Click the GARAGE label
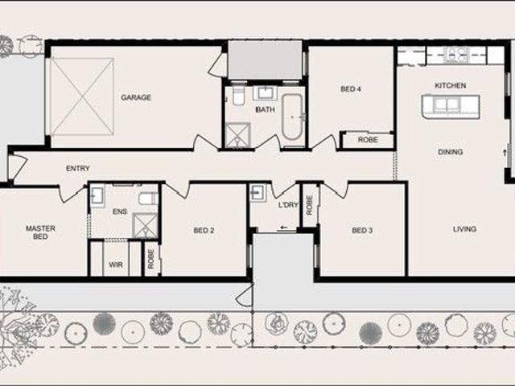(136, 98)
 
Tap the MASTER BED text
(40, 232)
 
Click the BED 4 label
(350, 89)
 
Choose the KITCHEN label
(450, 85)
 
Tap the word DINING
(451, 152)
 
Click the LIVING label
(464, 229)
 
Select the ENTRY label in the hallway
(78, 169)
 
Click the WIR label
(116, 263)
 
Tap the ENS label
(120, 211)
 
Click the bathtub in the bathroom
(291, 117)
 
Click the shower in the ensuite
(145, 225)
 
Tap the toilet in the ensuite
(147, 198)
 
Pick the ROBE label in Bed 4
(368, 140)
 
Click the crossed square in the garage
(82, 96)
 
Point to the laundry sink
(258, 193)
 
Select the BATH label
(265, 109)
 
